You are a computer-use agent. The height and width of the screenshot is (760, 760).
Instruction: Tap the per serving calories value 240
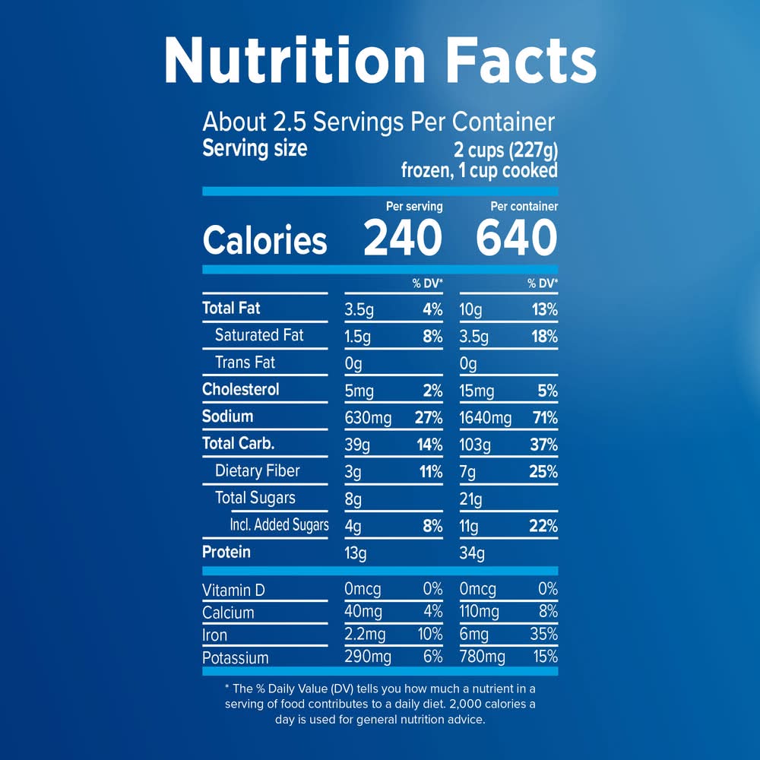pyautogui.click(x=402, y=239)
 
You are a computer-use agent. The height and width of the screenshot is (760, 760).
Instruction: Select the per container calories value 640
pyautogui.click(x=517, y=239)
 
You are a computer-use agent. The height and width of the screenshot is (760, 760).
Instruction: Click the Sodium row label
pyautogui.click(x=227, y=416)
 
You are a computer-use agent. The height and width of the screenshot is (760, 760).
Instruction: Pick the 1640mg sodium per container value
pyautogui.click(x=486, y=417)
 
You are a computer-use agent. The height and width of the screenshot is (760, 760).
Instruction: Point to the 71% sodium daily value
pyautogui.click(x=545, y=417)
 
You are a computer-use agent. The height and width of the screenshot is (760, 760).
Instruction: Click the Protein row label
pyautogui.click(x=226, y=553)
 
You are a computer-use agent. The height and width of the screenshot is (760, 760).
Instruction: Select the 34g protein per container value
pyautogui.click(x=472, y=553)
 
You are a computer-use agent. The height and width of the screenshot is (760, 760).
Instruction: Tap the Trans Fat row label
pyautogui.click(x=245, y=363)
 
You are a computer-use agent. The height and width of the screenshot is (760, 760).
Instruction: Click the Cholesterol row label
pyautogui.click(x=240, y=390)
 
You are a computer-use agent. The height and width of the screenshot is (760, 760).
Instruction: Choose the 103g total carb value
pyautogui.click(x=476, y=445)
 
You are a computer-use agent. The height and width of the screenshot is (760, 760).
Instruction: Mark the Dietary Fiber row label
pyautogui.click(x=257, y=471)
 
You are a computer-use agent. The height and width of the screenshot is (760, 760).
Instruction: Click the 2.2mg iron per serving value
pyautogui.click(x=366, y=635)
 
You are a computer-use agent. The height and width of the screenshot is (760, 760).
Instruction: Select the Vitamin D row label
pyautogui.click(x=233, y=591)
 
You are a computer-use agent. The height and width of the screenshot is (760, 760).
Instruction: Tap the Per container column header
pyautogui.click(x=524, y=206)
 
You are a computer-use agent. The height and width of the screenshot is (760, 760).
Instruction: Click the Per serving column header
pyautogui.click(x=413, y=206)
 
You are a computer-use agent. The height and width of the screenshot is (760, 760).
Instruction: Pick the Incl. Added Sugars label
pyautogui.click(x=279, y=525)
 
